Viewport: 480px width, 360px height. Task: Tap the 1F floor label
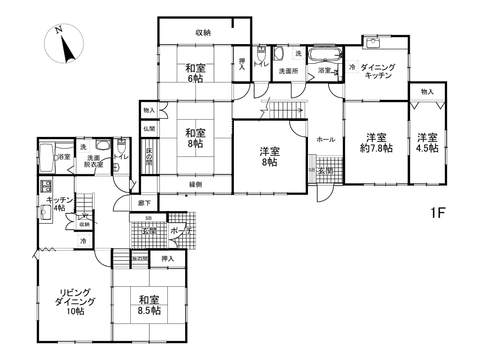coord(438,213)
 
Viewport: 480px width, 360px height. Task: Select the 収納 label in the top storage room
coord(203,32)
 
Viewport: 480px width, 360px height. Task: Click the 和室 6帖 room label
coord(195,73)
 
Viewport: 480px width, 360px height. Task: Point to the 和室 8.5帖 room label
coord(149,305)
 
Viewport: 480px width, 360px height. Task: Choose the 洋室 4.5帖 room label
coord(427,142)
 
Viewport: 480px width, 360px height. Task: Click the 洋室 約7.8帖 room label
coord(376,142)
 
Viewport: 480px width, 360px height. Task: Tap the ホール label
coord(326,140)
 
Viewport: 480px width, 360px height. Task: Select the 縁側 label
coord(195,184)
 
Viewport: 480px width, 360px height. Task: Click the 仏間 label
coord(149,129)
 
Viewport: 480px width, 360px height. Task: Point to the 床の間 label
coord(149,157)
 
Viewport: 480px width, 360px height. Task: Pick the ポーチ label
coord(181,231)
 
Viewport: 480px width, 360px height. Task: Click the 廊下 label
coord(144,203)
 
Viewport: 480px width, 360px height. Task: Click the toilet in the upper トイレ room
coord(262,54)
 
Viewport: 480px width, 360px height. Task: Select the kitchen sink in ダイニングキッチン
coord(372,43)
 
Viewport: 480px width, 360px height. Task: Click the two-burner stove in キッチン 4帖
coord(46,186)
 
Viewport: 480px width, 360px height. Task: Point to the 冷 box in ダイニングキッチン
coord(352,67)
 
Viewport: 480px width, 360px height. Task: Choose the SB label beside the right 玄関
coord(311,170)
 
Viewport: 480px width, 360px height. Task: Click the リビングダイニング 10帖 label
coord(75,301)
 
